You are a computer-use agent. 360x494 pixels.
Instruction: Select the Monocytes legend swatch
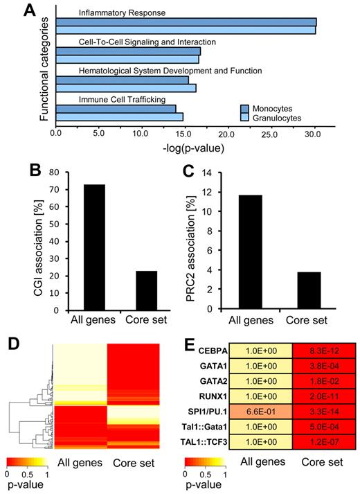245,108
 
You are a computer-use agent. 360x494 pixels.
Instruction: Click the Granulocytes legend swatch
245,118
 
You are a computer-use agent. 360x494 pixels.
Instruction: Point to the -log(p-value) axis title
188,147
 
